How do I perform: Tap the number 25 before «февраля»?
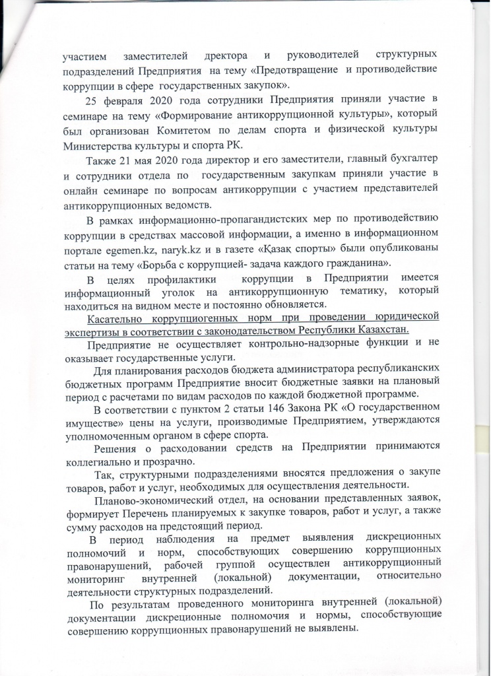(92, 100)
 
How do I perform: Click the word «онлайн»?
(82, 191)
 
